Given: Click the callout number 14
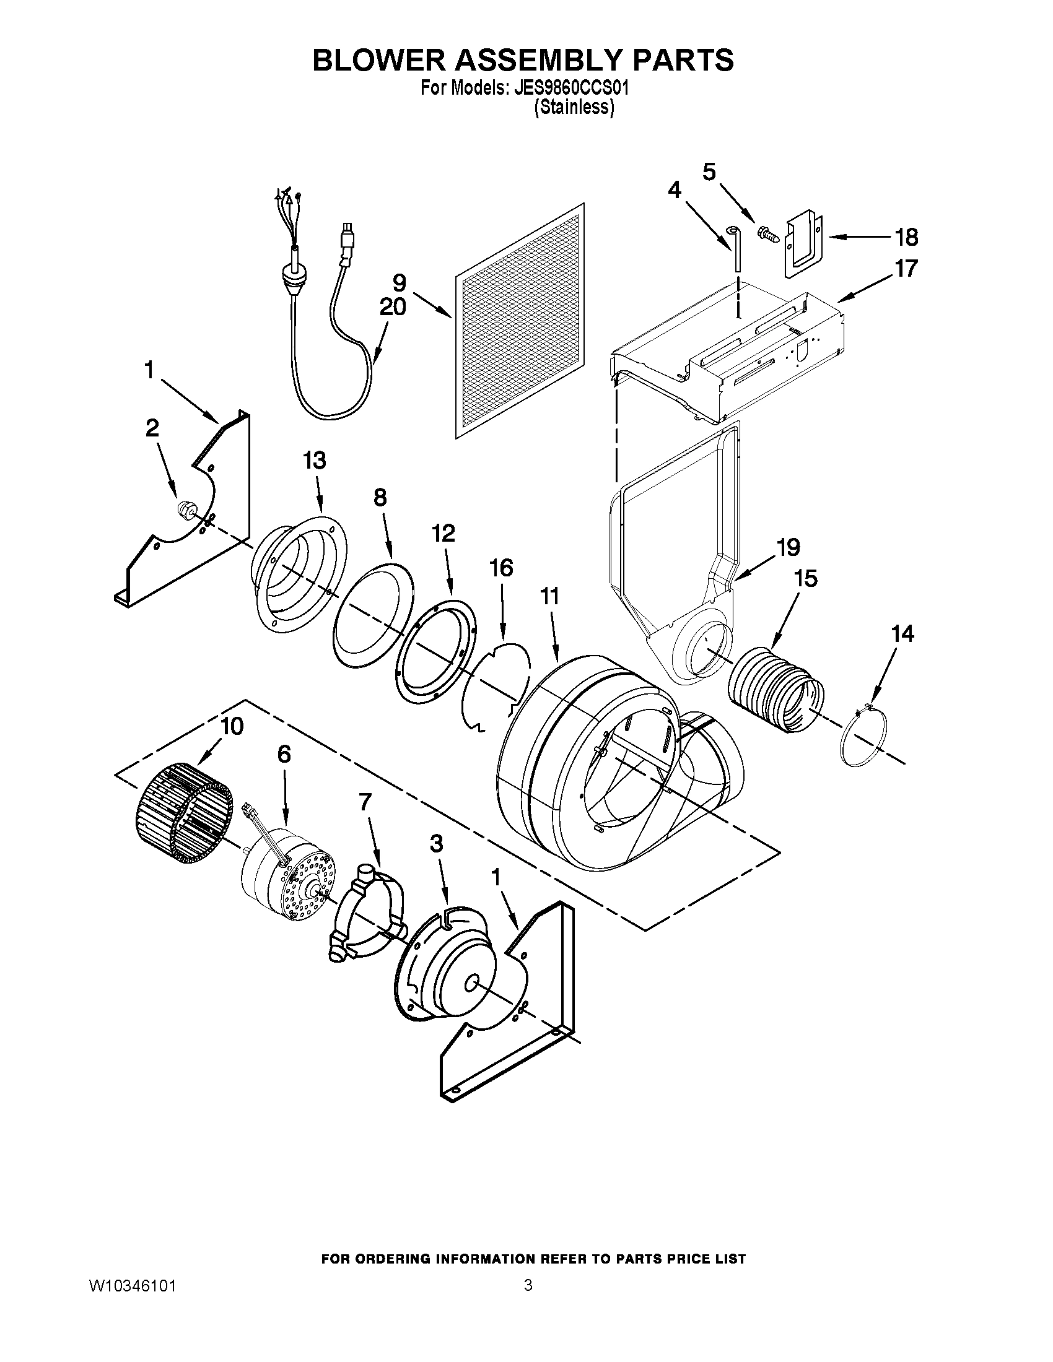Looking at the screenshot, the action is click(x=902, y=633).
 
